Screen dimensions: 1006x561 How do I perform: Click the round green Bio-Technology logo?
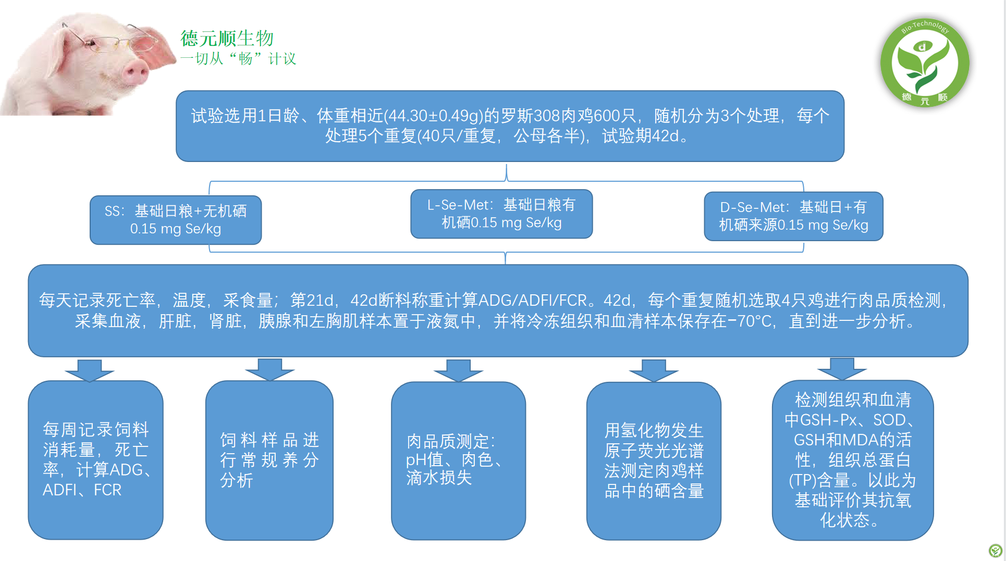[925, 63]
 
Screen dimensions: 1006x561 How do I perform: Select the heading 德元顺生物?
[227, 38]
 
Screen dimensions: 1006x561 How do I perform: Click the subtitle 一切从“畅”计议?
[238, 58]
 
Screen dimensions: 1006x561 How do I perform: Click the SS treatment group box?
[176, 220]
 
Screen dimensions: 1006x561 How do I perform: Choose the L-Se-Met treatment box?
[501, 214]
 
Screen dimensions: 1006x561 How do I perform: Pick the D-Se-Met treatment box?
[793, 216]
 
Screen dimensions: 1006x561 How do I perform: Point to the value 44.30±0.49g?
[434, 116]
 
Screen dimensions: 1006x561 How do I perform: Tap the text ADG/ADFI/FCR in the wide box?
[533, 300]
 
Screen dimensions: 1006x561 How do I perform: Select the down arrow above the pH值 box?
[459, 370]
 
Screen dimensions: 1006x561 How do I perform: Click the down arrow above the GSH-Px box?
[842, 369]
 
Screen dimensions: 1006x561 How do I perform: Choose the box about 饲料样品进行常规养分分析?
[269, 460]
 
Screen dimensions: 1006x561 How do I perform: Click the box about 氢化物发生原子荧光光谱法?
[654, 461]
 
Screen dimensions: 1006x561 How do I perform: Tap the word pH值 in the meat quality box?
[424, 459]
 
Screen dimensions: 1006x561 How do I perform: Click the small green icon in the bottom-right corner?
[995, 550]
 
